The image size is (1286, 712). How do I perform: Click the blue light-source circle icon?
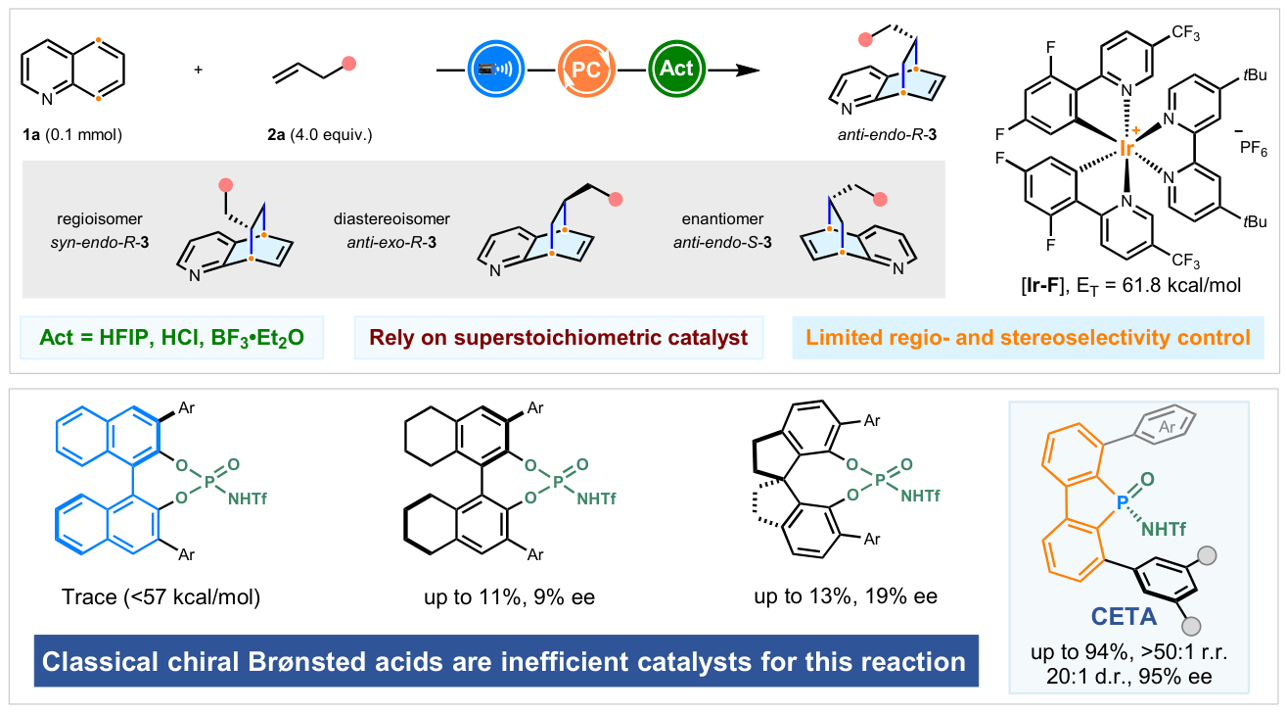[x=495, y=69]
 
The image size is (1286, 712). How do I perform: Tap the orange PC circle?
[x=586, y=69]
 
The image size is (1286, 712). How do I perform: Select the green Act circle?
[x=677, y=69]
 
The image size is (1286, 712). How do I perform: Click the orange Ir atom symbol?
[x=1127, y=149]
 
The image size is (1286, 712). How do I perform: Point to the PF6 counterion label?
[x=1253, y=148]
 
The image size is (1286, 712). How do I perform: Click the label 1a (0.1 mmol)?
[x=72, y=134]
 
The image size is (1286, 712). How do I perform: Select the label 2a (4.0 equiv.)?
[x=320, y=134]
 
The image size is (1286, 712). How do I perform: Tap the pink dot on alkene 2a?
[x=349, y=64]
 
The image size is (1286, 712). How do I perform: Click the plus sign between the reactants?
[x=198, y=70]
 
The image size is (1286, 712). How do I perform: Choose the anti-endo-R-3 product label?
[x=887, y=134]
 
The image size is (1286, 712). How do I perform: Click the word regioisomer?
[x=100, y=219]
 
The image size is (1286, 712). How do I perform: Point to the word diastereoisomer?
[x=391, y=219]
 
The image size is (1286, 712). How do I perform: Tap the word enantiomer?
[x=722, y=219]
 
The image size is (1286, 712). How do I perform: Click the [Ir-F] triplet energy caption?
[x=1130, y=286]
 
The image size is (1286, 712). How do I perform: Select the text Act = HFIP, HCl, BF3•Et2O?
[x=171, y=337]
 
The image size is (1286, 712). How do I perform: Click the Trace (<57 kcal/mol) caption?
[x=161, y=597]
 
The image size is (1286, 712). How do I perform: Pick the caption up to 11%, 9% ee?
[x=509, y=597]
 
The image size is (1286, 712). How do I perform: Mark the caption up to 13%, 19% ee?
[x=846, y=596]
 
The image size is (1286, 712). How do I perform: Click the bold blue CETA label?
[x=1124, y=617]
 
